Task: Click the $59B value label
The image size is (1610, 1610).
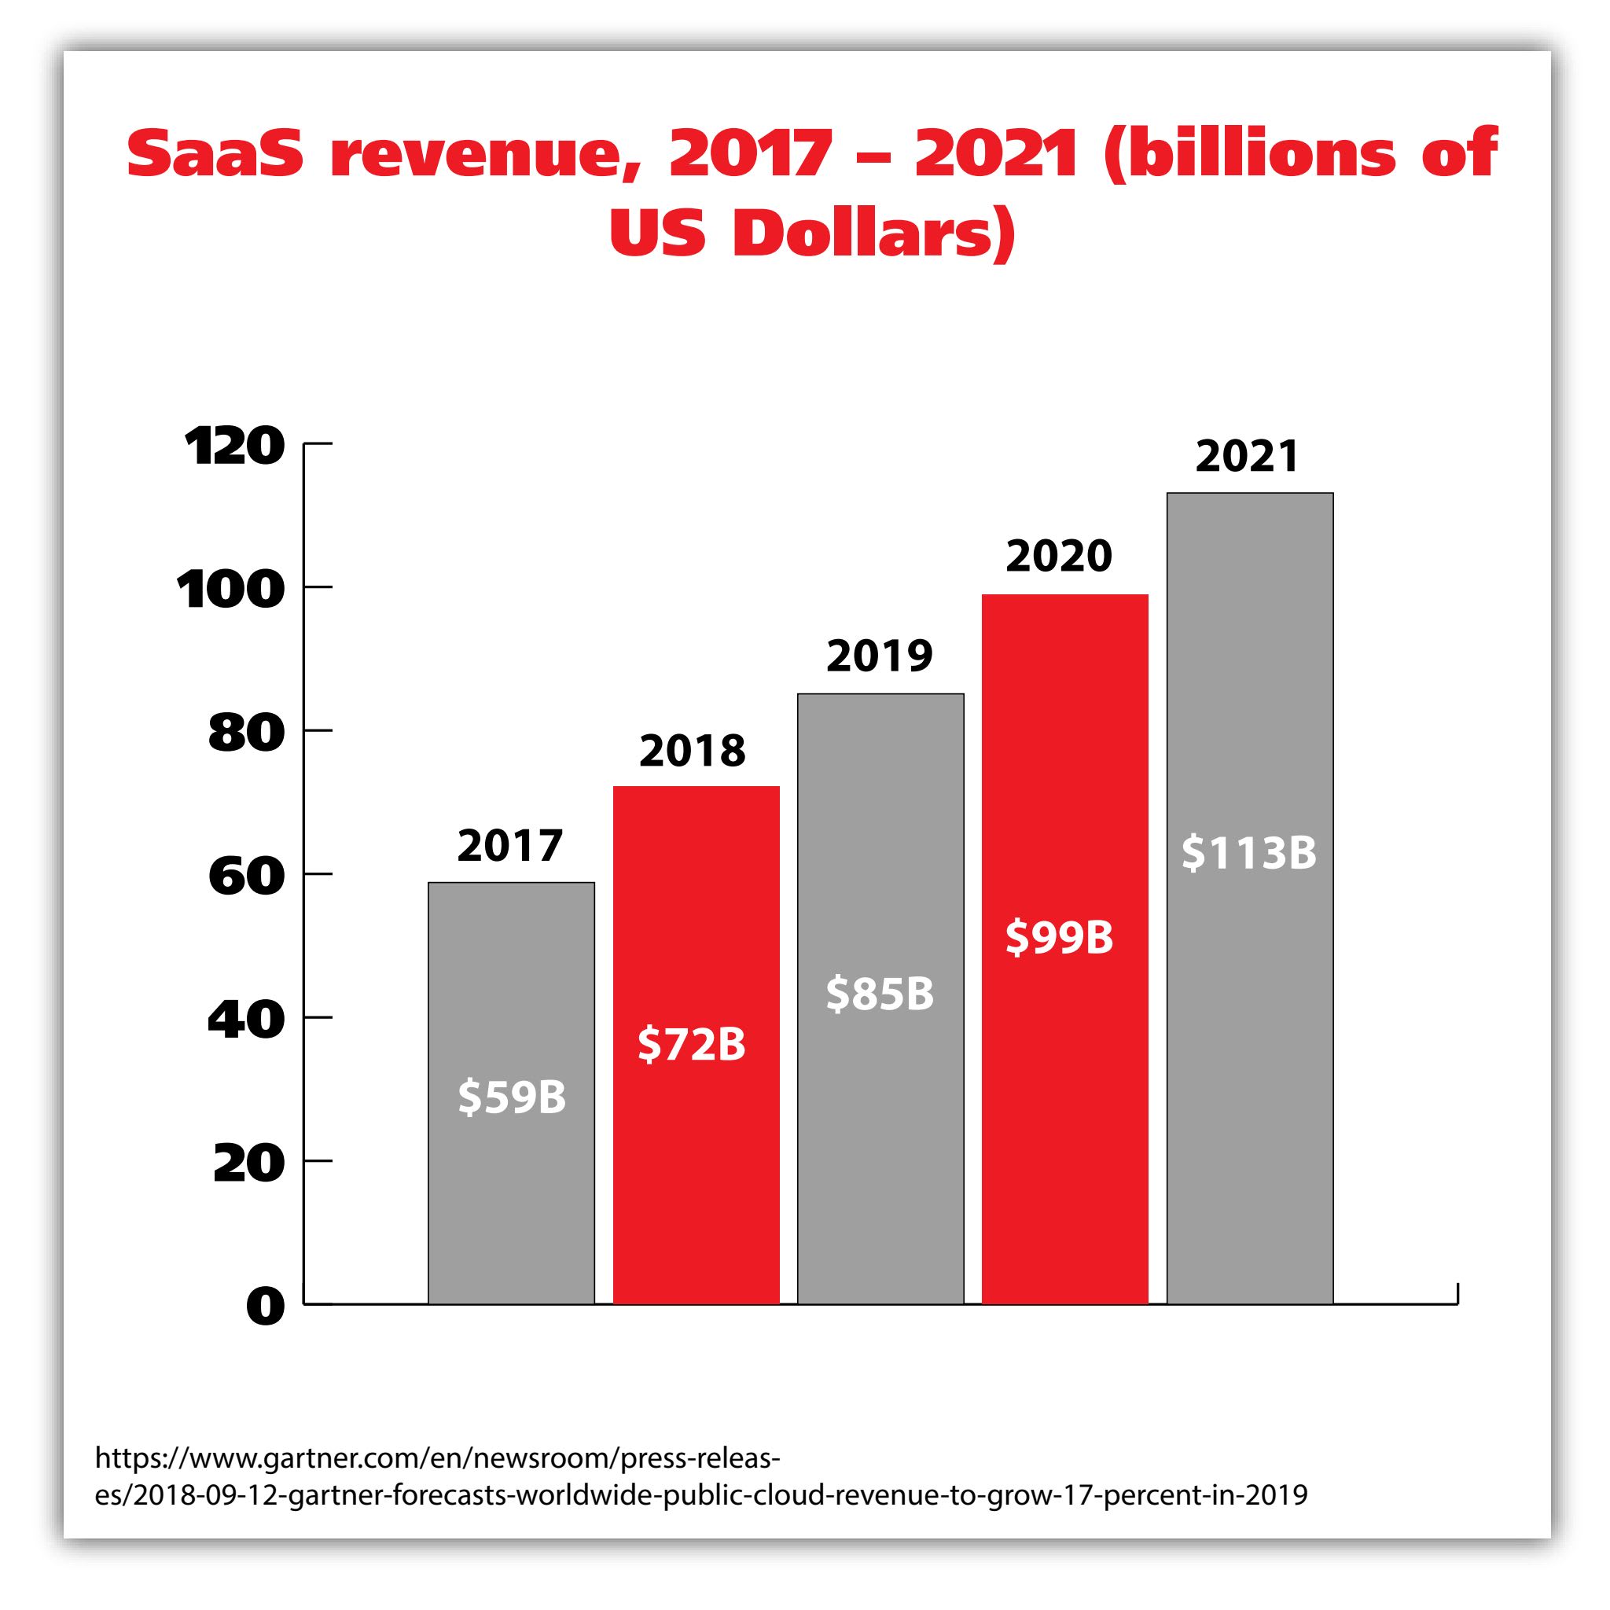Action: pyautogui.click(x=512, y=1097)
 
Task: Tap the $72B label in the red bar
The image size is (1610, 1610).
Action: pyautogui.click(x=692, y=1044)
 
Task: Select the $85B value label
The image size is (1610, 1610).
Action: pyautogui.click(x=880, y=994)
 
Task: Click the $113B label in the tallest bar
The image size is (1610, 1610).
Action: pyautogui.click(x=1248, y=853)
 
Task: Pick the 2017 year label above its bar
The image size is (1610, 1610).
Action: pyautogui.click(x=510, y=846)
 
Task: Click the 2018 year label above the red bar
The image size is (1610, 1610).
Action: pyautogui.click(x=692, y=751)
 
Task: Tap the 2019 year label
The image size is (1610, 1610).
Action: pyautogui.click(x=879, y=656)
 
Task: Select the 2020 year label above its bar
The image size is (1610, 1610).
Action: pyautogui.click(x=1058, y=556)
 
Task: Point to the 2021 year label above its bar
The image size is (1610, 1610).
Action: pyautogui.click(x=1247, y=456)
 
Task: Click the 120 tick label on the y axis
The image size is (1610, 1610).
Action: pyautogui.click(x=234, y=447)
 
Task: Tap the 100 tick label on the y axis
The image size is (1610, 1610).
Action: pyautogui.click(x=230, y=590)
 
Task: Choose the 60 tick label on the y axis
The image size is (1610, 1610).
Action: pyautogui.click(x=246, y=877)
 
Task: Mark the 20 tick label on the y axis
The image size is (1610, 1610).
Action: pyautogui.click(x=248, y=1163)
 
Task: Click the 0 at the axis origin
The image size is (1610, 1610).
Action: pyautogui.click(x=265, y=1307)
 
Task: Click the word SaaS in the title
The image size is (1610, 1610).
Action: pyautogui.click(x=215, y=154)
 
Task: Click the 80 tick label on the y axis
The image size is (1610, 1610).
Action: pyautogui.click(x=246, y=733)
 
